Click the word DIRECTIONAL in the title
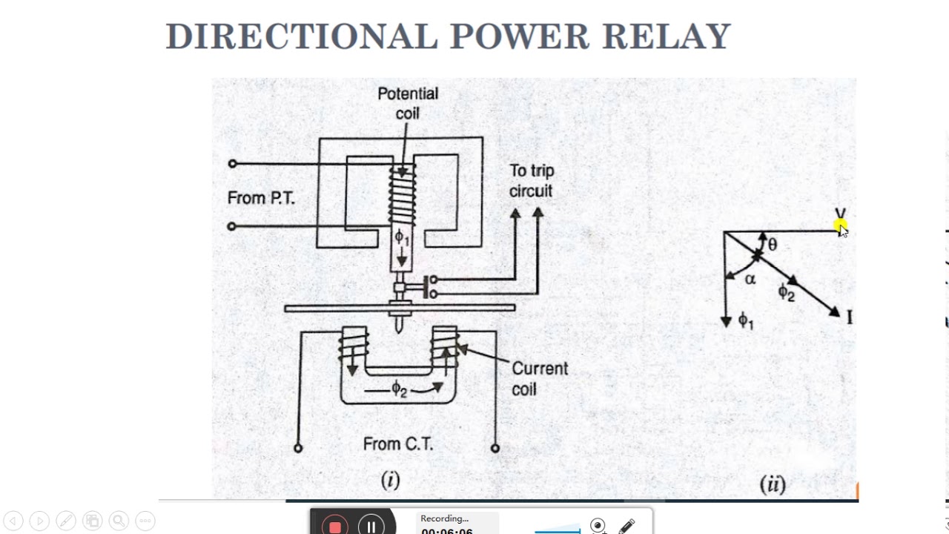[301, 36]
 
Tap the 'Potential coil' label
[408, 103]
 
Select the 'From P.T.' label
[260, 198]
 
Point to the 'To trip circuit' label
[531, 181]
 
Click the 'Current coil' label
[539, 378]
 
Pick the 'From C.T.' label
[397, 444]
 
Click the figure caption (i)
[390, 480]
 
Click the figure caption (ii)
[772, 484]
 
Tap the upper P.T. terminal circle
[233, 163]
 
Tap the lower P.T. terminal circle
[232, 226]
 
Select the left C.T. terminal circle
[298, 448]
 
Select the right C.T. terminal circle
[495, 448]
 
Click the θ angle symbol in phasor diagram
[773, 245]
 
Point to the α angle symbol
[750, 280]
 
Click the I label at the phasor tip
[849, 317]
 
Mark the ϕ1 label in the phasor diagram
[745, 321]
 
